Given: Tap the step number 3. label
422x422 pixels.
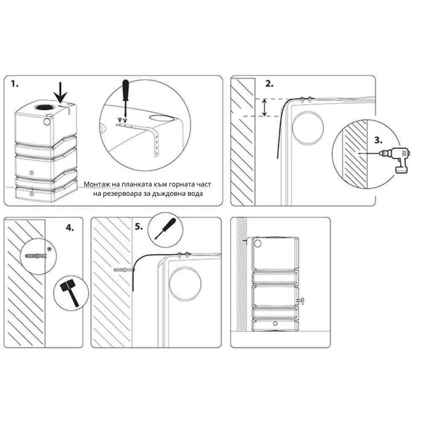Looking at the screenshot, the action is coord(379,140).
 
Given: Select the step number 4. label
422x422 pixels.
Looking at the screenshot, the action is coord(70,228).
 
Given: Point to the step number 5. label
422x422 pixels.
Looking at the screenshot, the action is coord(139,227).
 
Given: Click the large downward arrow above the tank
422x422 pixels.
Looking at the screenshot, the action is coord(60,92).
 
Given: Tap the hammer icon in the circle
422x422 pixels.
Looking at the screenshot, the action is coord(70,293).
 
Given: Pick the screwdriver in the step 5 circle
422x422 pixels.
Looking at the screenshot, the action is coord(165,229).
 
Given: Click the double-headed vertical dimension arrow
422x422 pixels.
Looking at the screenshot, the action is coord(265,107).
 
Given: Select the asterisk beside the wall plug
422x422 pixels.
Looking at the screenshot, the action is coord(49,249).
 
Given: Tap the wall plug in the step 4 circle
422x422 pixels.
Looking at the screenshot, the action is coord(36,255).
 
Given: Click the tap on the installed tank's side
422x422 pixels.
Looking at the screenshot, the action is coord(301,300).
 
